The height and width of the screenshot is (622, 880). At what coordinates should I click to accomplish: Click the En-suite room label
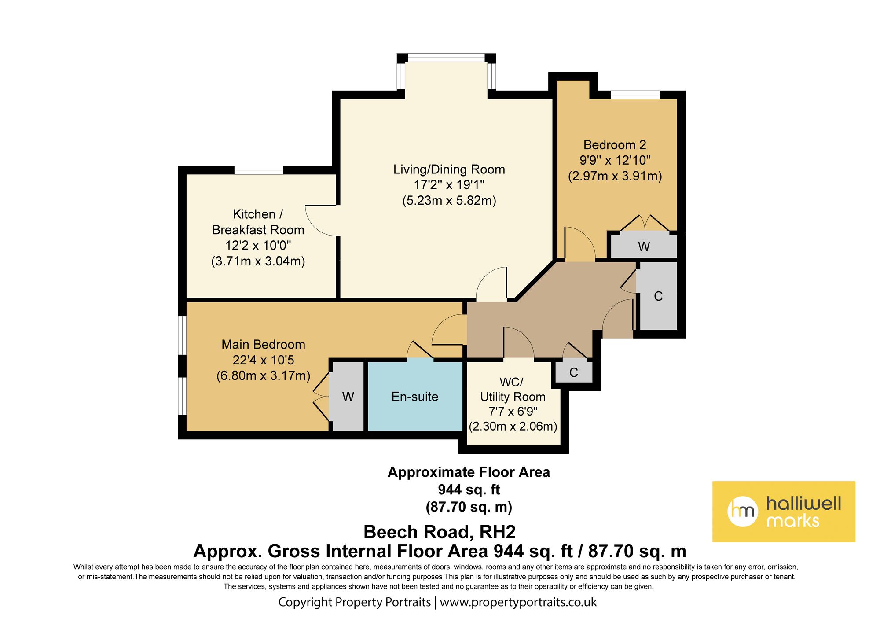(414, 397)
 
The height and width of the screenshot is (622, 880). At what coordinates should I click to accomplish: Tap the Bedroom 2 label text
(615, 145)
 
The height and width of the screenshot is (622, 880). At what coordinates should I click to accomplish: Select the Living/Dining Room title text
(449, 169)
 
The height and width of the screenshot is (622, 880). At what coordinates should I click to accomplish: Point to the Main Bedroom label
(263, 344)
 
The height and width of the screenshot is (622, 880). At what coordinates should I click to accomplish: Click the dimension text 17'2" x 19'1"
(449, 185)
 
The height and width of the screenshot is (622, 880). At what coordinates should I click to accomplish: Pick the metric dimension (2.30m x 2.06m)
(513, 426)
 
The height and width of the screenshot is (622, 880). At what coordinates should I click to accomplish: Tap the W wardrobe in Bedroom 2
(644, 246)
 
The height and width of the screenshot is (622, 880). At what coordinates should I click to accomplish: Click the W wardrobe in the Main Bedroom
(348, 397)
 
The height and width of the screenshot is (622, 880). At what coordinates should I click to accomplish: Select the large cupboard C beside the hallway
(658, 296)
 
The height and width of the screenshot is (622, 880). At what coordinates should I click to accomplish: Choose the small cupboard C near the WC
(573, 372)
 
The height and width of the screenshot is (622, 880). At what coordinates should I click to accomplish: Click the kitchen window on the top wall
(258, 170)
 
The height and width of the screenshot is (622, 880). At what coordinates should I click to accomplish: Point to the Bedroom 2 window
(635, 95)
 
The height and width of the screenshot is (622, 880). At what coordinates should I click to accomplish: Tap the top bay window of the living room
(446, 58)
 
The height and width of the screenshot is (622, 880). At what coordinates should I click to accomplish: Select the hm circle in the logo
(742, 512)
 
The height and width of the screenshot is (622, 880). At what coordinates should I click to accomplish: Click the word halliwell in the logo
(803, 503)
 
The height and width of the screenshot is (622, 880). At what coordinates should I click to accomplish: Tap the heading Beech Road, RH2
(439, 532)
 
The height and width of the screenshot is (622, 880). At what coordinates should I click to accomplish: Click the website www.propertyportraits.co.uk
(518, 602)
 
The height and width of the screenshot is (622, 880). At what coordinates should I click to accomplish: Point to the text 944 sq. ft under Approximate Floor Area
(469, 490)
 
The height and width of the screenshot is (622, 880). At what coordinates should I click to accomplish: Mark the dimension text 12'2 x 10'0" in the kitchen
(258, 245)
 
